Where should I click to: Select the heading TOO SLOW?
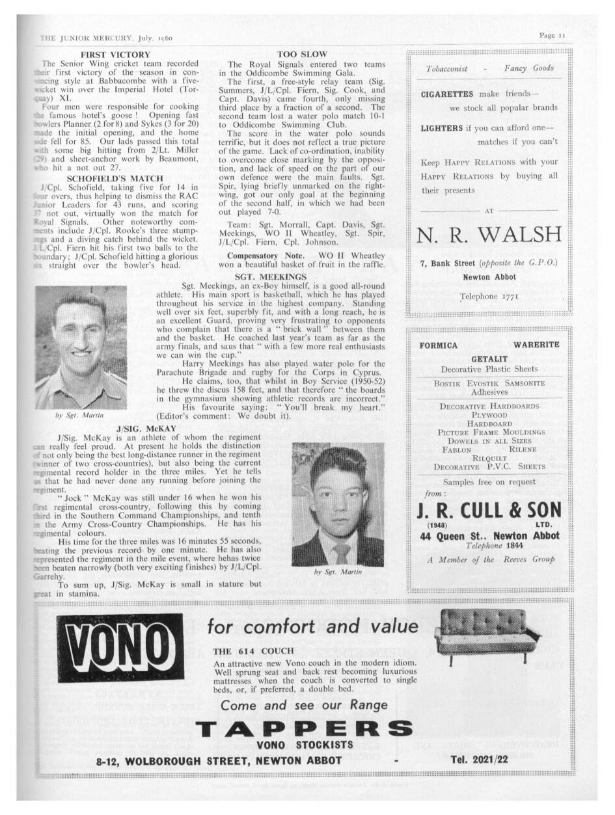[302, 55]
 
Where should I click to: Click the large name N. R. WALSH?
[489, 234]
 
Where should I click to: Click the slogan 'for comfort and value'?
[312, 626]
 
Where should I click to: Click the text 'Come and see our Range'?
[304, 705]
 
